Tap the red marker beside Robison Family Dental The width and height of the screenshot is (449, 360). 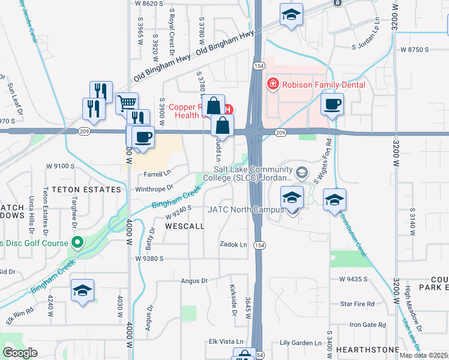pos(273,83)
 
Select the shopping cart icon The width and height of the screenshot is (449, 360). pos(127,104)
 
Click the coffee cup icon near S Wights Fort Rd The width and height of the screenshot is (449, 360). pos(332,105)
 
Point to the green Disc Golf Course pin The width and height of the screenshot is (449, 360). pos(77,242)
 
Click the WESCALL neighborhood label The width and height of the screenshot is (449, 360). pos(185,227)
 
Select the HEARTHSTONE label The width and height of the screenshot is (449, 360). pos(368,349)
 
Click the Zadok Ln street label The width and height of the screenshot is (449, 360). pos(234,245)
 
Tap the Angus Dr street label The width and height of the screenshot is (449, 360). pos(194,280)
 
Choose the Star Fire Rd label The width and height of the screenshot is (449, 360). pos(358,304)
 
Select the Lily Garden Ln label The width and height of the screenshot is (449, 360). pos(301,343)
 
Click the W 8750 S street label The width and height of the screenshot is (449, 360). pos(415,49)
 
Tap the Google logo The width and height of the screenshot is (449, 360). pos(20,353)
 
